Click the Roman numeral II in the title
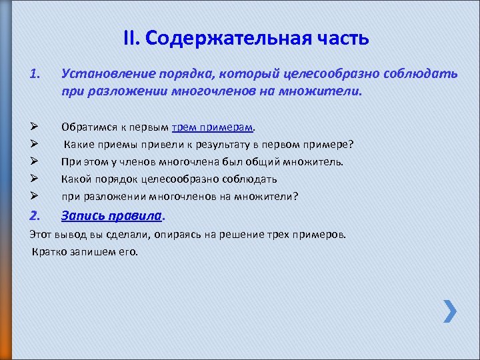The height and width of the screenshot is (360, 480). coord(131,38)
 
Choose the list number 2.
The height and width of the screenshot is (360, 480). coord(35,215)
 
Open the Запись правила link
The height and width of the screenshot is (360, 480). coord(111,215)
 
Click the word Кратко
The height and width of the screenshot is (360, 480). coord(49,251)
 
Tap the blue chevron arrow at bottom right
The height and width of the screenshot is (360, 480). coord(450,311)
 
